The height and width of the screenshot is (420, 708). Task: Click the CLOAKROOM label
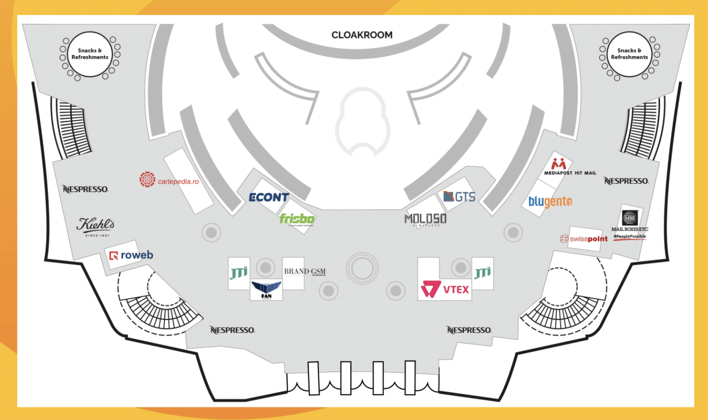tap(362, 35)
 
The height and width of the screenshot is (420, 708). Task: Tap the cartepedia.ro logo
tap(169, 180)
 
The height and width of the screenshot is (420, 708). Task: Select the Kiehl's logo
tap(95, 226)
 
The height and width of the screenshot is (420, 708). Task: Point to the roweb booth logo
tap(131, 255)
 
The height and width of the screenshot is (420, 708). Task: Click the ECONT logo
tap(269, 197)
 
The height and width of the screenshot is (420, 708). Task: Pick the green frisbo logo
tap(297, 219)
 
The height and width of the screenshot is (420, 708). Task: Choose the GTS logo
tap(459, 196)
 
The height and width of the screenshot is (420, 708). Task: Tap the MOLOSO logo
tap(425, 219)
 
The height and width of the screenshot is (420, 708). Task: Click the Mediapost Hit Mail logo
tap(569, 167)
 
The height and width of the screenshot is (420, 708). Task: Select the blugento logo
tap(550, 201)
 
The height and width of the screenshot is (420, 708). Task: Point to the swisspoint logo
tap(584, 239)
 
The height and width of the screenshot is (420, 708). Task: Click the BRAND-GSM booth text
tap(305, 272)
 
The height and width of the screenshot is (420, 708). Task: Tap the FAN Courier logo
tap(266, 290)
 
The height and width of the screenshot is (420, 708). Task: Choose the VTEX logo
tap(445, 289)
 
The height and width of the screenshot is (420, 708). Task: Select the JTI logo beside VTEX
tap(482, 273)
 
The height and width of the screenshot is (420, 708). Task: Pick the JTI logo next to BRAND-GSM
tap(239, 273)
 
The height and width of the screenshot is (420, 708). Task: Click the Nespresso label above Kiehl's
tap(85, 189)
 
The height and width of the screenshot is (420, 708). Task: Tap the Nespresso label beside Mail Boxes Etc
tap(626, 181)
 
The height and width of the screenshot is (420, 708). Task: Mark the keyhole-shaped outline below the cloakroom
tap(363, 122)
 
